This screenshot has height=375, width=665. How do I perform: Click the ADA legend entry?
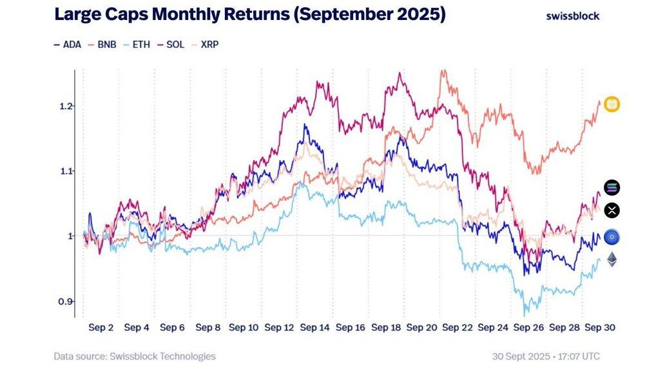(x=68, y=45)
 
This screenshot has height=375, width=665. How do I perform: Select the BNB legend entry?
(x=102, y=45)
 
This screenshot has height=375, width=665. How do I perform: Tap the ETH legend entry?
(x=137, y=45)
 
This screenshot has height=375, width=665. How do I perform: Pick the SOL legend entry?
(x=171, y=45)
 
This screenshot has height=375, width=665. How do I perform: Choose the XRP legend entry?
(x=206, y=45)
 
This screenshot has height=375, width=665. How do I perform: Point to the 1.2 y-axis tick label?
(x=64, y=105)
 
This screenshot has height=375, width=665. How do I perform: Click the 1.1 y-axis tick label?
(x=64, y=171)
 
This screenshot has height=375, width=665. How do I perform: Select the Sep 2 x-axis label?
(x=101, y=328)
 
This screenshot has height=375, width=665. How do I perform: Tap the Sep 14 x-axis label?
(x=315, y=328)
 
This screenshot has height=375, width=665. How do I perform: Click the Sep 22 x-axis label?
(x=458, y=328)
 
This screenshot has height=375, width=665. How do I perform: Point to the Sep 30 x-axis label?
(x=599, y=328)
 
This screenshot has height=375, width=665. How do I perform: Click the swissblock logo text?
(x=572, y=15)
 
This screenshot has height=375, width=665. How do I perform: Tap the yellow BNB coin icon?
(x=612, y=104)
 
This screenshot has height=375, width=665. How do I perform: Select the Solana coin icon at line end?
(x=612, y=188)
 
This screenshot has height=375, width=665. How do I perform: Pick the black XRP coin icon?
(x=612, y=210)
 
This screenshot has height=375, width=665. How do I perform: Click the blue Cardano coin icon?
(x=612, y=238)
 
